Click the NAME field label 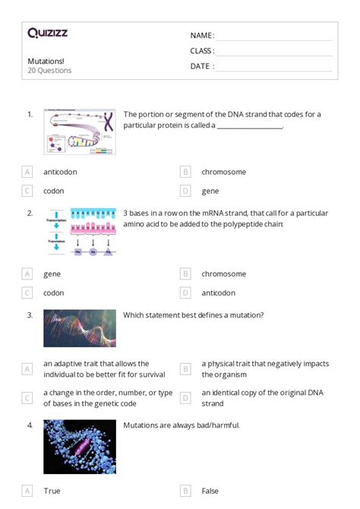201,36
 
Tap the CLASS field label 202,51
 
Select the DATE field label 201,66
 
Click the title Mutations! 46,61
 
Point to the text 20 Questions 49,71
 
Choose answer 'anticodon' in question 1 60,172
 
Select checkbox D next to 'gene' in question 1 185,191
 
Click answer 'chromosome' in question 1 223,172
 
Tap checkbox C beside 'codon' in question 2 27,292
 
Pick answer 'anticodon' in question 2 218,292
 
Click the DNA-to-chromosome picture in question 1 80,131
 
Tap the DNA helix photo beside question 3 80,328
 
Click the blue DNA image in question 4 80,447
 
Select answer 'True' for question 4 52,491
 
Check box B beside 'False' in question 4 185,491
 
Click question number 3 30,315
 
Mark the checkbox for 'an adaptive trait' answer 27,368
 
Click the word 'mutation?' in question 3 246,315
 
